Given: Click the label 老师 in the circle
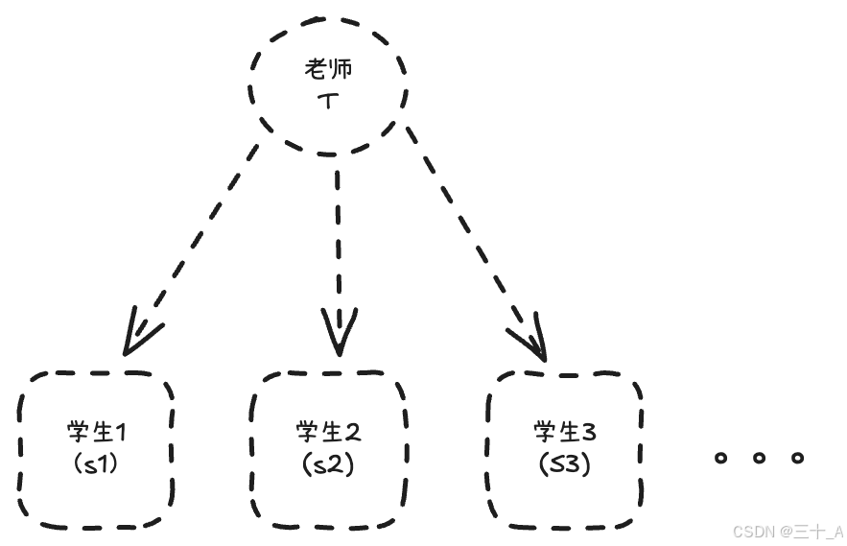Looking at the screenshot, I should tap(328, 70).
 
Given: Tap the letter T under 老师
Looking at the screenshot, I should tap(328, 99).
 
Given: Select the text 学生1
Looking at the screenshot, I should tap(96, 433).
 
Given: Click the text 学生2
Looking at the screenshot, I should tap(328, 433).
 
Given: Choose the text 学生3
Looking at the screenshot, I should tap(565, 433).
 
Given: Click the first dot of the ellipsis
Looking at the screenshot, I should tap(721, 458).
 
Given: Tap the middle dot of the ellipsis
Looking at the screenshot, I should tap(759, 458).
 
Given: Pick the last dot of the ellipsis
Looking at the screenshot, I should tap(797, 458).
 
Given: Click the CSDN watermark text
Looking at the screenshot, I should tap(788, 532).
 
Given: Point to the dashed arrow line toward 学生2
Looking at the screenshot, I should tap(338, 240).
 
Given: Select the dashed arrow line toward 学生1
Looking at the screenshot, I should tap(197, 240).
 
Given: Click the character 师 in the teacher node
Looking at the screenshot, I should tap(341, 70).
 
